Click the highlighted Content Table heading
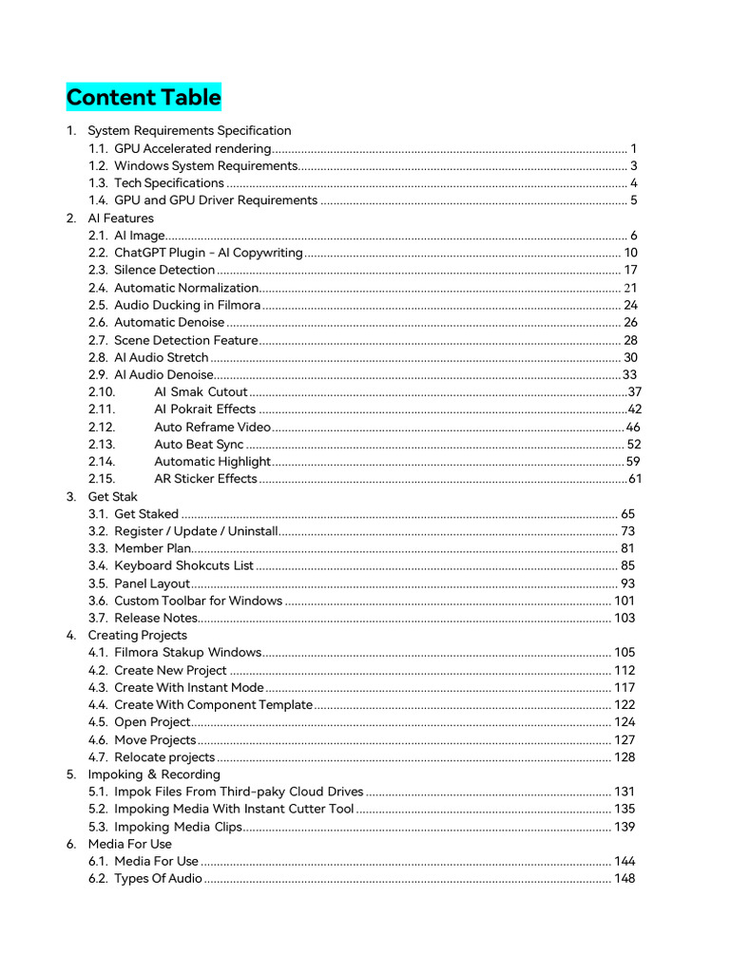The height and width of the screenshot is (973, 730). (144, 98)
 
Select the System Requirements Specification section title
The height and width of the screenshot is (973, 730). (189, 130)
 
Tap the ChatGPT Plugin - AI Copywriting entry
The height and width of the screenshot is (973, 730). (208, 253)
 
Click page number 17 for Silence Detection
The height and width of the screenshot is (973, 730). (630, 270)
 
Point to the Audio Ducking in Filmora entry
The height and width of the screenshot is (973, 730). (187, 305)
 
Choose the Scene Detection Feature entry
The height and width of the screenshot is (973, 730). (186, 340)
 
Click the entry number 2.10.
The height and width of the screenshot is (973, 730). (102, 391)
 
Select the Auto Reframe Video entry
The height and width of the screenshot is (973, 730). (212, 427)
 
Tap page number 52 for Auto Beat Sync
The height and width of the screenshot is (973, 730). (634, 444)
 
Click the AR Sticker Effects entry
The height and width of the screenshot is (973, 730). (205, 479)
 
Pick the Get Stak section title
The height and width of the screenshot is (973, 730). (112, 497)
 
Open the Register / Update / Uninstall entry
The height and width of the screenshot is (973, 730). (196, 531)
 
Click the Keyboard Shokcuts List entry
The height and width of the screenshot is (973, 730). (183, 566)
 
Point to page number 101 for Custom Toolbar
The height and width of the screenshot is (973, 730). (624, 601)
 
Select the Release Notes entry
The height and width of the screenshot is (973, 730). (156, 619)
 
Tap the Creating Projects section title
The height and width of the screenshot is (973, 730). (137, 635)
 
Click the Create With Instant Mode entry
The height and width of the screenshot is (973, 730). (189, 688)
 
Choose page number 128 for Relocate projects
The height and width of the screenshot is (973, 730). (624, 757)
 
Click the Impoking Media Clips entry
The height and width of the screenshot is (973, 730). (179, 827)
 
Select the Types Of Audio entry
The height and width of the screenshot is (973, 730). (158, 879)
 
